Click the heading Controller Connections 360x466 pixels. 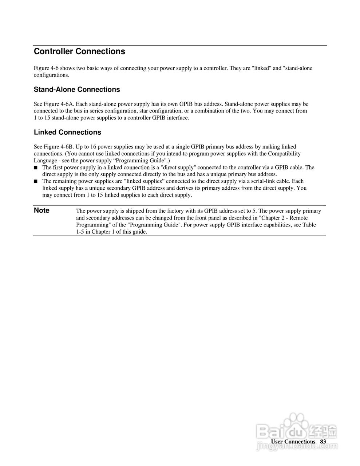point(79,52)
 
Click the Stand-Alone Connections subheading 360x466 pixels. point(77,90)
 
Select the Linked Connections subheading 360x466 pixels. point(67,133)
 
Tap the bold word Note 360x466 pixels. point(41,210)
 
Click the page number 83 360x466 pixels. point(323,442)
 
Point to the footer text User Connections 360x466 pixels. point(293,442)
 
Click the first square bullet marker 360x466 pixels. point(36,168)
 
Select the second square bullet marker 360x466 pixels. point(36,181)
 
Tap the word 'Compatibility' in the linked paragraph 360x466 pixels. point(284,154)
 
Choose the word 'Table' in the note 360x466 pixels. point(309,225)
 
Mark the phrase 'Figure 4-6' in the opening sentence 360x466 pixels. point(46,68)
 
